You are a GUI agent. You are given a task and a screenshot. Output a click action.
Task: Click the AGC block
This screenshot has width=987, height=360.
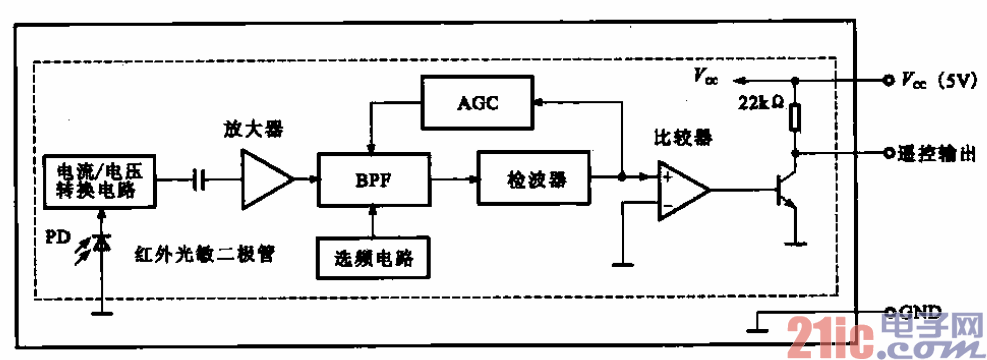(478, 103)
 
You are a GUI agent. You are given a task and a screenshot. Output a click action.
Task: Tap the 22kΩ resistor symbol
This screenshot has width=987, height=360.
(795, 118)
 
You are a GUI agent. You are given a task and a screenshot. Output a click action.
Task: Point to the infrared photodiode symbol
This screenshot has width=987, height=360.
(100, 242)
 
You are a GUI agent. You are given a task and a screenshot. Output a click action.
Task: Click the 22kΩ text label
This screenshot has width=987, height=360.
(758, 104)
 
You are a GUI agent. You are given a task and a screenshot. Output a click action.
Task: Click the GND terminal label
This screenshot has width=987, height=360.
(919, 310)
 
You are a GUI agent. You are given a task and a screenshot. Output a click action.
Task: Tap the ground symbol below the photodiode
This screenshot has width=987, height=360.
(100, 311)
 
